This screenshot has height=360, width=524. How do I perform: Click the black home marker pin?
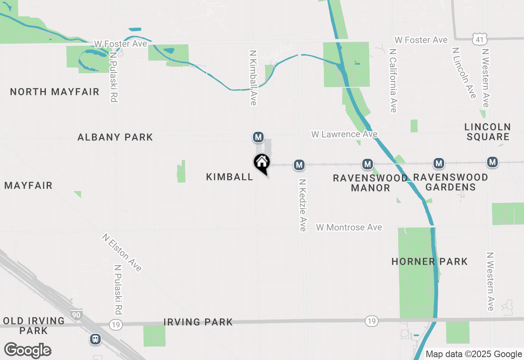[x=262, y=163]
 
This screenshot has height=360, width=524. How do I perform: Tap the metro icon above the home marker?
[x=258, y=137]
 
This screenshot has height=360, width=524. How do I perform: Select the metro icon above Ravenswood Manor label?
[x=367, y=164]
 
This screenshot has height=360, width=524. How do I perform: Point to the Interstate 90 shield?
[x=76, y=315]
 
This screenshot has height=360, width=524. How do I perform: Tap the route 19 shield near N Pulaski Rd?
[x=115, y=324]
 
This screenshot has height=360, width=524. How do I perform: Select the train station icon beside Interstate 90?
[x=95, y=339]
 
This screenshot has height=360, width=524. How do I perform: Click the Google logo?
[x=27, y=350]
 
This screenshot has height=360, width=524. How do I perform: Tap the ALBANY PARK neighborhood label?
[x=115, y=137]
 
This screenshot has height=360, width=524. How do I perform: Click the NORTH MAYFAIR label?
[x=54, y=92]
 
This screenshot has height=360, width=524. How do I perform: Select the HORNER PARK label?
[x=429, y=261]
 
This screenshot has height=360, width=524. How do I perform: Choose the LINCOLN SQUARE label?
[x=488, y=132]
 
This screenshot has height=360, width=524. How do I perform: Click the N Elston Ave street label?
[x=122, y=252]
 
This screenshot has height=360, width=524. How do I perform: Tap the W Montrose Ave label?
[x=349, y=227]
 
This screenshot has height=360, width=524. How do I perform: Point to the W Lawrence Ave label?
[x=344, y=134]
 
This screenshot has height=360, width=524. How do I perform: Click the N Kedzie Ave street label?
[x=303, y=205]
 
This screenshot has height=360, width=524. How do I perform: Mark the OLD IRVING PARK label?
[x=34, y=326]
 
